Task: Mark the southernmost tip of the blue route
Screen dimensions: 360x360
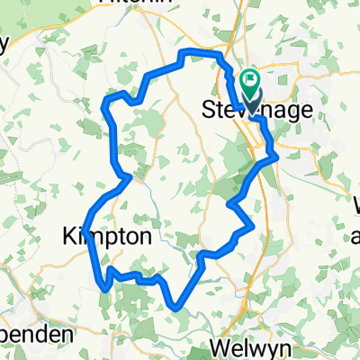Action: [175, 309]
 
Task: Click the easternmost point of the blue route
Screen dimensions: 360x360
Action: [274, 157]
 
